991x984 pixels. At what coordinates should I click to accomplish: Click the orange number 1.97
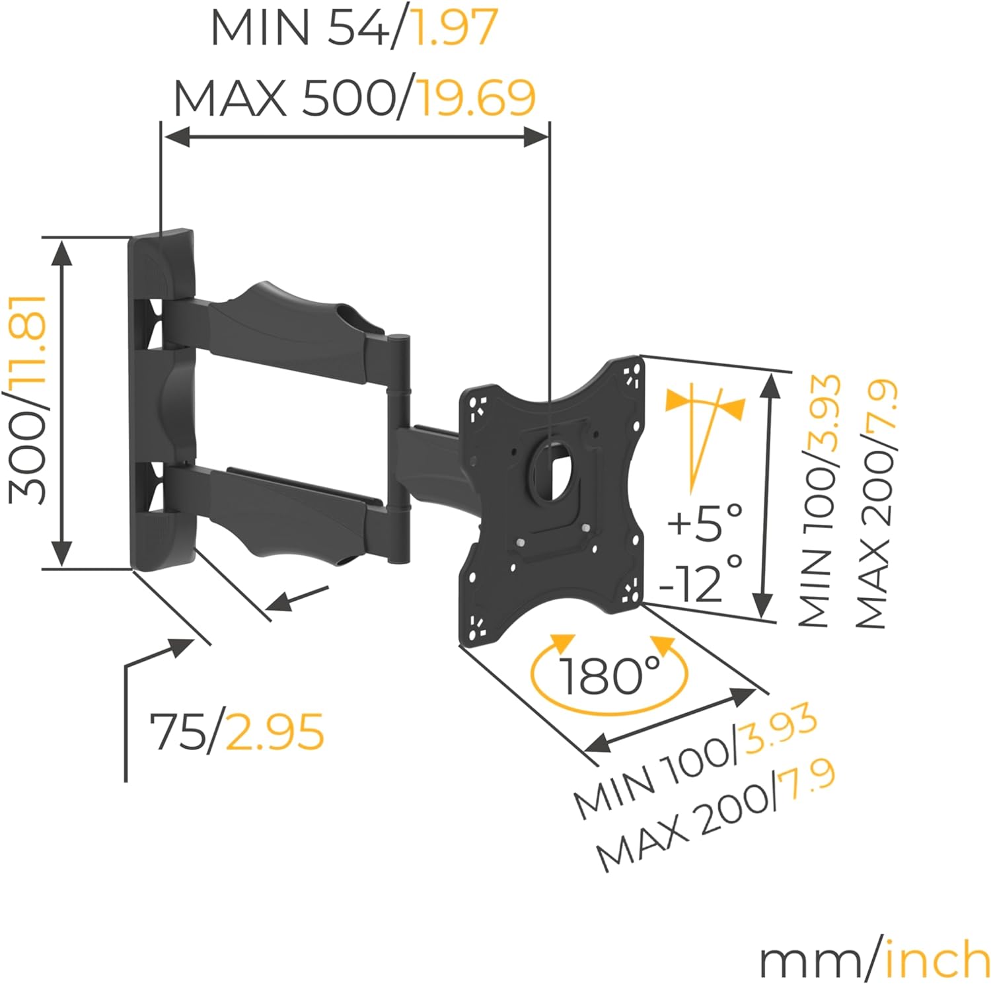click(455, 28)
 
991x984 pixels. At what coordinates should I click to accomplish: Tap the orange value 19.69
click(477, 98)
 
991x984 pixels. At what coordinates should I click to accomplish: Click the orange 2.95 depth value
click(275, 732)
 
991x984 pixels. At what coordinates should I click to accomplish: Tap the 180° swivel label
click(609, 675)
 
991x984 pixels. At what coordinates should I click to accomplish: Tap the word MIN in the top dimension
click(260, 28)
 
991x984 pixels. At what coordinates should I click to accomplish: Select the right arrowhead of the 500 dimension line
click(535, 137)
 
